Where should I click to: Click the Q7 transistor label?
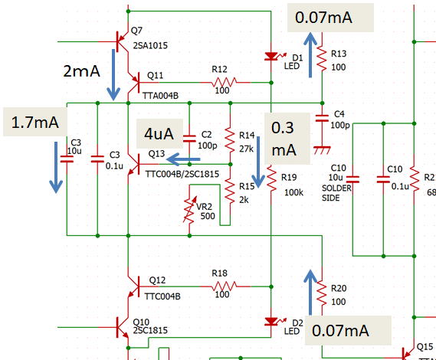tap(136, 31)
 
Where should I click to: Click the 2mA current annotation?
tap(81, 71)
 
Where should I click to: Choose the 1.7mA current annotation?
tap(35, 123)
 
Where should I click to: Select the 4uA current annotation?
tap(159, 134)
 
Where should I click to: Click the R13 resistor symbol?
tap(322, 59)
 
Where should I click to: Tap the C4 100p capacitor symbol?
tap(322, 118)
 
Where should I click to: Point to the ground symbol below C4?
tap(322, 150)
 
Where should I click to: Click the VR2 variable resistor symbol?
tap(189, 210)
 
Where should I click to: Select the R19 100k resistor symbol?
tap(271, 179)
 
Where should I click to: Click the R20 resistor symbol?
tap(322, 293)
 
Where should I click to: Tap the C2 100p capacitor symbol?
tap(189, 139)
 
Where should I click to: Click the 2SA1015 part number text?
tap(150, 45)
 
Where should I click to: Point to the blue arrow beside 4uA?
tap(183, 159)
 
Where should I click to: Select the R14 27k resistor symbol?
tap(230, 140)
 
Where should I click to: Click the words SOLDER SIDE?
tap(336, 193)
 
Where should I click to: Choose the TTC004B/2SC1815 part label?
tap(182, 174)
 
